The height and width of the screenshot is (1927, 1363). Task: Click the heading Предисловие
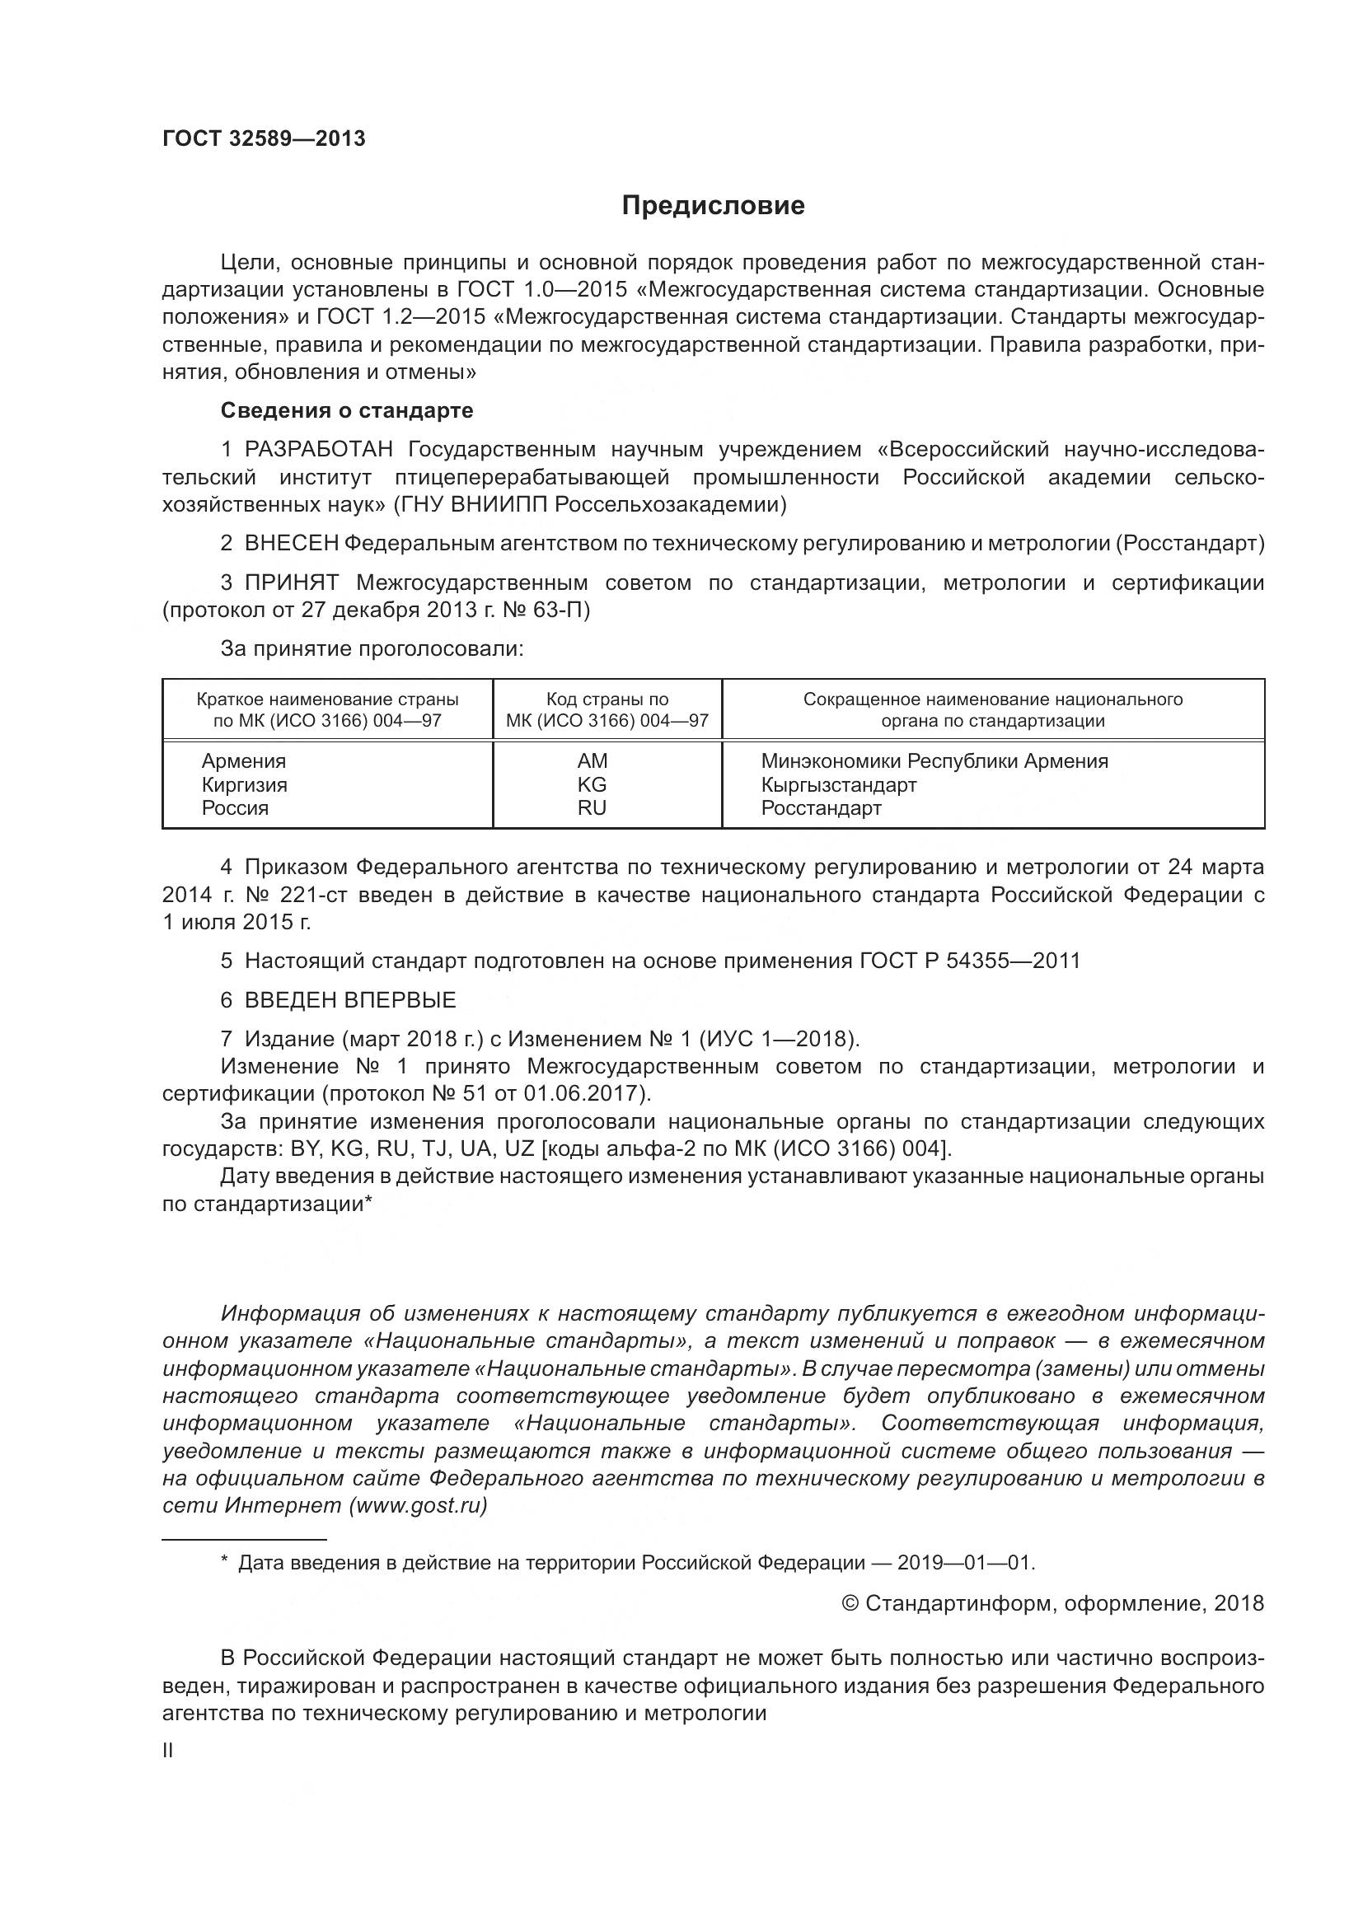click(x=713, y=206)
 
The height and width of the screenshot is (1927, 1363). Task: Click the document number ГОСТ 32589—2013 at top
click(x=264, y=139)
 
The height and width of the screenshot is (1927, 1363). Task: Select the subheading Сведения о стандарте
click(x=347, y=410)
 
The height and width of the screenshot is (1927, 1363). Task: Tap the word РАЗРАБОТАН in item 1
click(x=318, y=450)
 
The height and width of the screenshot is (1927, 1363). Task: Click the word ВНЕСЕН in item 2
click(x=291, y=544)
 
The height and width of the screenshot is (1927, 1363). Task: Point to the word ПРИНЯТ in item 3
click(x=291, y=583)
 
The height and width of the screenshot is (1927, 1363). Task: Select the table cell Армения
click(x=243, y=761)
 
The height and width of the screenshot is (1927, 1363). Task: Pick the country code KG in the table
click(x=592, y=785)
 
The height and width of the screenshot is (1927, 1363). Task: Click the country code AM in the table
click(x=592, y=761)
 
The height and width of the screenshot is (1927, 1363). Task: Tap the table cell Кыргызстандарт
click(x=838, y=785)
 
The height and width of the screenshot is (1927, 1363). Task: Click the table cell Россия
click(x=235, y=808)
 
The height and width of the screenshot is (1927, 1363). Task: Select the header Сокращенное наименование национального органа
click(x=993, y=710)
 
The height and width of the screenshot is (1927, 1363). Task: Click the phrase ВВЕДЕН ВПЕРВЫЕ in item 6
click(x=350, y=1000)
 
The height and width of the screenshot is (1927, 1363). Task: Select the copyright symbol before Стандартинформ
click(x=850, y=1604)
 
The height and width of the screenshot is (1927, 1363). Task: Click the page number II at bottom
click(x=168, y=1752)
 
